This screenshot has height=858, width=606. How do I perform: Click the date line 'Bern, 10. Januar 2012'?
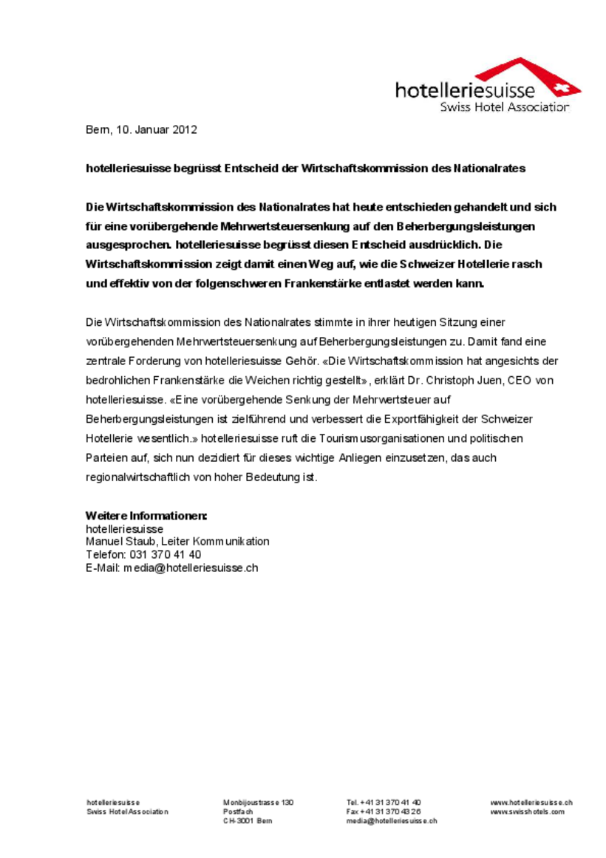(141, 130)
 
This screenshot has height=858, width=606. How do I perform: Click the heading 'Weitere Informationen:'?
(146, 516)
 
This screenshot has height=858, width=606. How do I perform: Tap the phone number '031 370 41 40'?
(166, 554)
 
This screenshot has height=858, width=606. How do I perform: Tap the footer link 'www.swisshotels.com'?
(527, 811)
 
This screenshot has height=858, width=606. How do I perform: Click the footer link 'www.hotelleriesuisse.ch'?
(531, 803)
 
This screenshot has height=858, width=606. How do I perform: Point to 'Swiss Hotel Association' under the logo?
(505, 107)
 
